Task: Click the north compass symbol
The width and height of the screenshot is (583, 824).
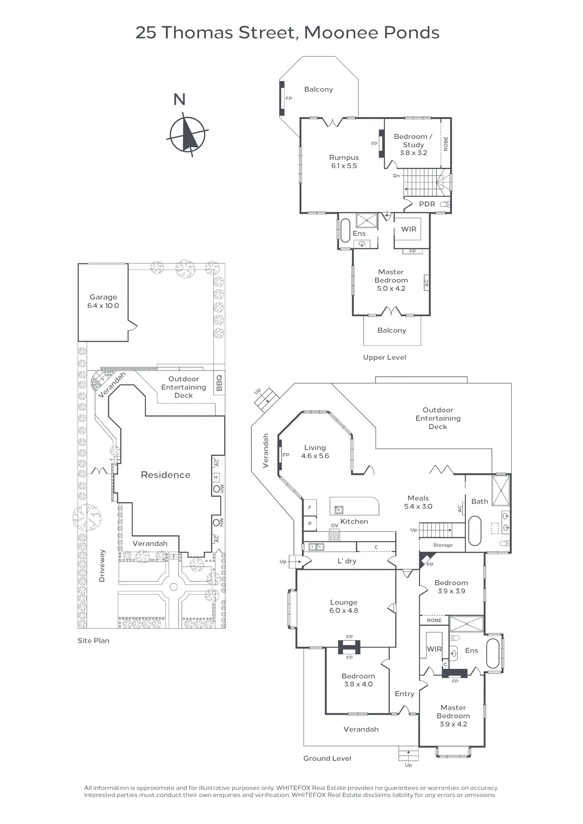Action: coord(187,135)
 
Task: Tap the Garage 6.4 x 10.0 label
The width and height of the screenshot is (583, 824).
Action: coord(103,301)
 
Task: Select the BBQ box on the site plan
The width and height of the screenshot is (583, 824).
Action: coord(219,383)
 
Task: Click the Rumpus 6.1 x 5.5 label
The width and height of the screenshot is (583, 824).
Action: coord(344,161)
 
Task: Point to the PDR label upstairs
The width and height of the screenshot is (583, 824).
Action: coord(427,204)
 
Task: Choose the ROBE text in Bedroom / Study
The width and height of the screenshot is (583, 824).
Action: coord(446,144)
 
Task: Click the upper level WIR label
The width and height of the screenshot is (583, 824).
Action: coord(409,229)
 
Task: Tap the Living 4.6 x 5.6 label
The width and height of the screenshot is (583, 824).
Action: coord(315,452)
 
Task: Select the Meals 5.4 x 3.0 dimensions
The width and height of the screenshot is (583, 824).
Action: coord(418,507)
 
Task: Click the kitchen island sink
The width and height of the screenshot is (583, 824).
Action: coord(339,509)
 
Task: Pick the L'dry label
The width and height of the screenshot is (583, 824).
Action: coord(347,561)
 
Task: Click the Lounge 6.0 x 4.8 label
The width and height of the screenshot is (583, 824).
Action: coord(343,606)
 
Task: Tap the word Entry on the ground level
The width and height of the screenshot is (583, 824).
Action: coord(404,694)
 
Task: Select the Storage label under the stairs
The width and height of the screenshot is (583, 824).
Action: coord(442,545)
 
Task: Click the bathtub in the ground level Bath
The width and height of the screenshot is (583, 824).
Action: coord(474,530)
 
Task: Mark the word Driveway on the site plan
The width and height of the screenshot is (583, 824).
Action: coord(102,566)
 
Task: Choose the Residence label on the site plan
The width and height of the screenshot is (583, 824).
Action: coord(166,475)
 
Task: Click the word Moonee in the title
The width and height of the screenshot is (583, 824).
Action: coord(336,32)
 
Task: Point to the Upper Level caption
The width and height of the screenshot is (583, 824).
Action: coord(385,357)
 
